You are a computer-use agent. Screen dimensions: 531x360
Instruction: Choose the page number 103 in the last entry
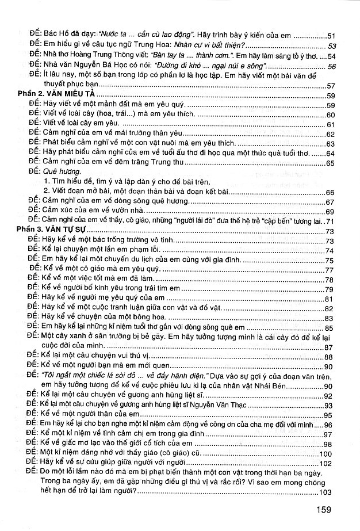pyautogui.click(x=326, y=492)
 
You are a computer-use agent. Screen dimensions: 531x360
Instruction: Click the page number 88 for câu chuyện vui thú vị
pyautogui.click(x=330, y=358)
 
